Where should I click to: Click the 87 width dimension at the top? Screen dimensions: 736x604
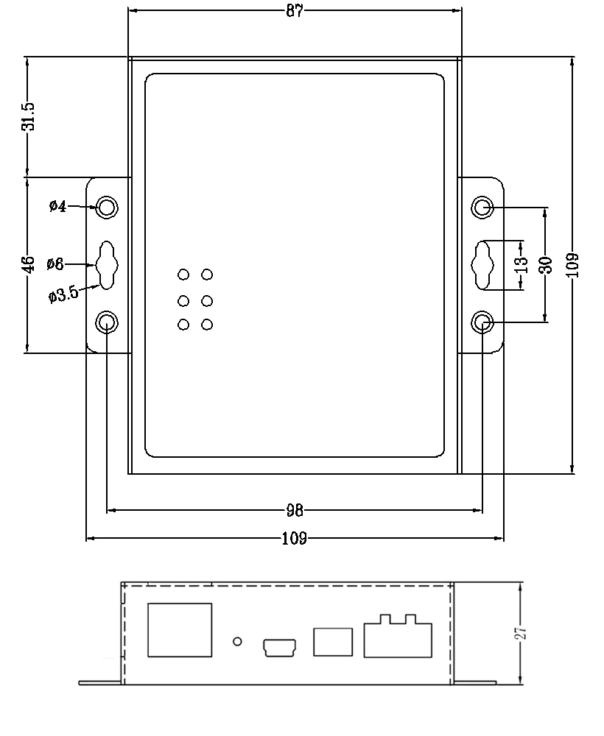pos(295,10)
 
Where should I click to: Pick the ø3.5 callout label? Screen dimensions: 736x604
pos(63,296)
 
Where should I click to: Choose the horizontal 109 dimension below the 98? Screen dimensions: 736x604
pos(295,539)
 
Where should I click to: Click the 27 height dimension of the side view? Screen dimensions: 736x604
pos(520,634)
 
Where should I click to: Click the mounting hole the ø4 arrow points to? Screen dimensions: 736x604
pos(108,208)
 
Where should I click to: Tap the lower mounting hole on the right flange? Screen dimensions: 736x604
pos(482,322)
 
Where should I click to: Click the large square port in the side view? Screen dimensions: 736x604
pos(180,629)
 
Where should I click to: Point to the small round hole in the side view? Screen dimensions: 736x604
pos(237,641)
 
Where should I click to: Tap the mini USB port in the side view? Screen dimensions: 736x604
pos(279,647)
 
